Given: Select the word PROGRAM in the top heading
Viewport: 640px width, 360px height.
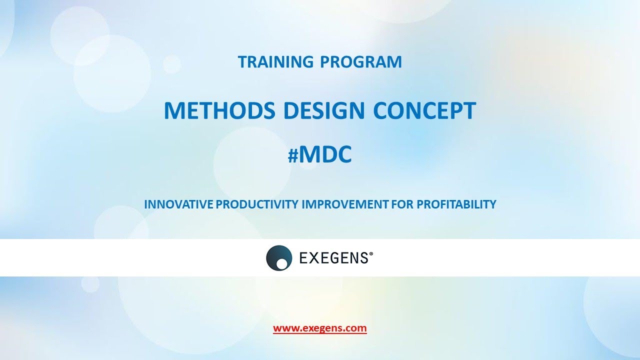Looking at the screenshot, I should [360, 62].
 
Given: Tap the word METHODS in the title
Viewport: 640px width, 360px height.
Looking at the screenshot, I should [220, 111].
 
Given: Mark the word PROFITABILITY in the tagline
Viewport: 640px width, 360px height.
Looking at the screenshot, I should [456, 204].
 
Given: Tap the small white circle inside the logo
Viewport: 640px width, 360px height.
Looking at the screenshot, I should [282, 263].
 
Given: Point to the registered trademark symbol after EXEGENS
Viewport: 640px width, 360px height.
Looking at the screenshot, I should [370, 254].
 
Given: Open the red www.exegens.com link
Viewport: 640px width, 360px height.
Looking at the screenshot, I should [320, 328].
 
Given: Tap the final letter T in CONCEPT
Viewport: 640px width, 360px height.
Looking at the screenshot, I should [468, 111].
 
